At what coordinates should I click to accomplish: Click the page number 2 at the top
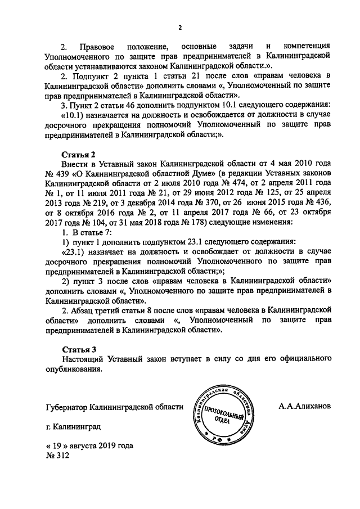(180, 26)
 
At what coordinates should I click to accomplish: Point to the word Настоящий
(83, 359)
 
